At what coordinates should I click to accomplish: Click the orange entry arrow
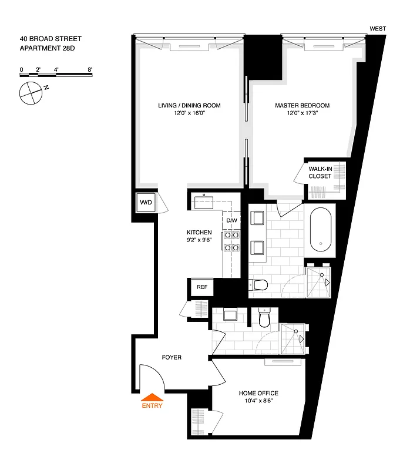(151, 397)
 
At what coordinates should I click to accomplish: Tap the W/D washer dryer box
(145, 203)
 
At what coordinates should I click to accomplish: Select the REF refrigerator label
(202, 287)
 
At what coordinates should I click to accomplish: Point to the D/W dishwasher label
(231, 220)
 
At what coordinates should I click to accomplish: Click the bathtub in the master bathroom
(321, 229)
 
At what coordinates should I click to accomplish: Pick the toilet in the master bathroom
(258, 285)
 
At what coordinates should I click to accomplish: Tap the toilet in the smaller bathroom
(264, 320)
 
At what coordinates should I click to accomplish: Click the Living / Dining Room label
(189, 106)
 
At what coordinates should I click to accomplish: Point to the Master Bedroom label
(302, 106)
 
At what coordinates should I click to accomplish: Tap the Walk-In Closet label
(320, 172)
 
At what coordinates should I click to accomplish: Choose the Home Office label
(258, 393)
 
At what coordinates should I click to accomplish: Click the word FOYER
(172, 357)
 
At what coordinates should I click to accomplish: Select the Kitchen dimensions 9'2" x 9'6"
(199, 240)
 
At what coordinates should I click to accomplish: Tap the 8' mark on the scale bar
(90, 69)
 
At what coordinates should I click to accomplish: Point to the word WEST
(378, 28)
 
